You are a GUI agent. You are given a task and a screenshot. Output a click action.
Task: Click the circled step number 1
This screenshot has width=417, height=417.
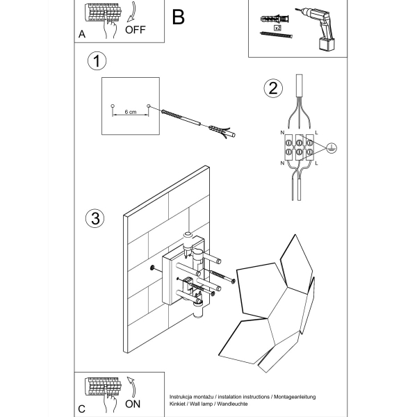[x=97, y=62]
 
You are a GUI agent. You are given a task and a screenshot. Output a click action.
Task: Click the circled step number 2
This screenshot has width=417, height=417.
[x=273, y=88]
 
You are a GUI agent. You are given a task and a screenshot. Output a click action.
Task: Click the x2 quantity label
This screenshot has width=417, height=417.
[x=277, y=28]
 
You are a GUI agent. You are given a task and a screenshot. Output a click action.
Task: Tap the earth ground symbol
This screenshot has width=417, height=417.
[x=332, y=147]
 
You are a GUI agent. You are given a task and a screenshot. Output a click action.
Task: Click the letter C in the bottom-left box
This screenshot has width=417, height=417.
[x=82, y=406]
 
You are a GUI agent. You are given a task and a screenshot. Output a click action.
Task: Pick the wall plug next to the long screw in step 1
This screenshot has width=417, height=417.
[x=222, y=131]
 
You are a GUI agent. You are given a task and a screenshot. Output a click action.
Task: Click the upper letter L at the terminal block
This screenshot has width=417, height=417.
[x=316, y=132]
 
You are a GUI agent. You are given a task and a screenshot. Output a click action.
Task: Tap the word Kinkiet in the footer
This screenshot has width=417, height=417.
[x=179, y=404]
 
